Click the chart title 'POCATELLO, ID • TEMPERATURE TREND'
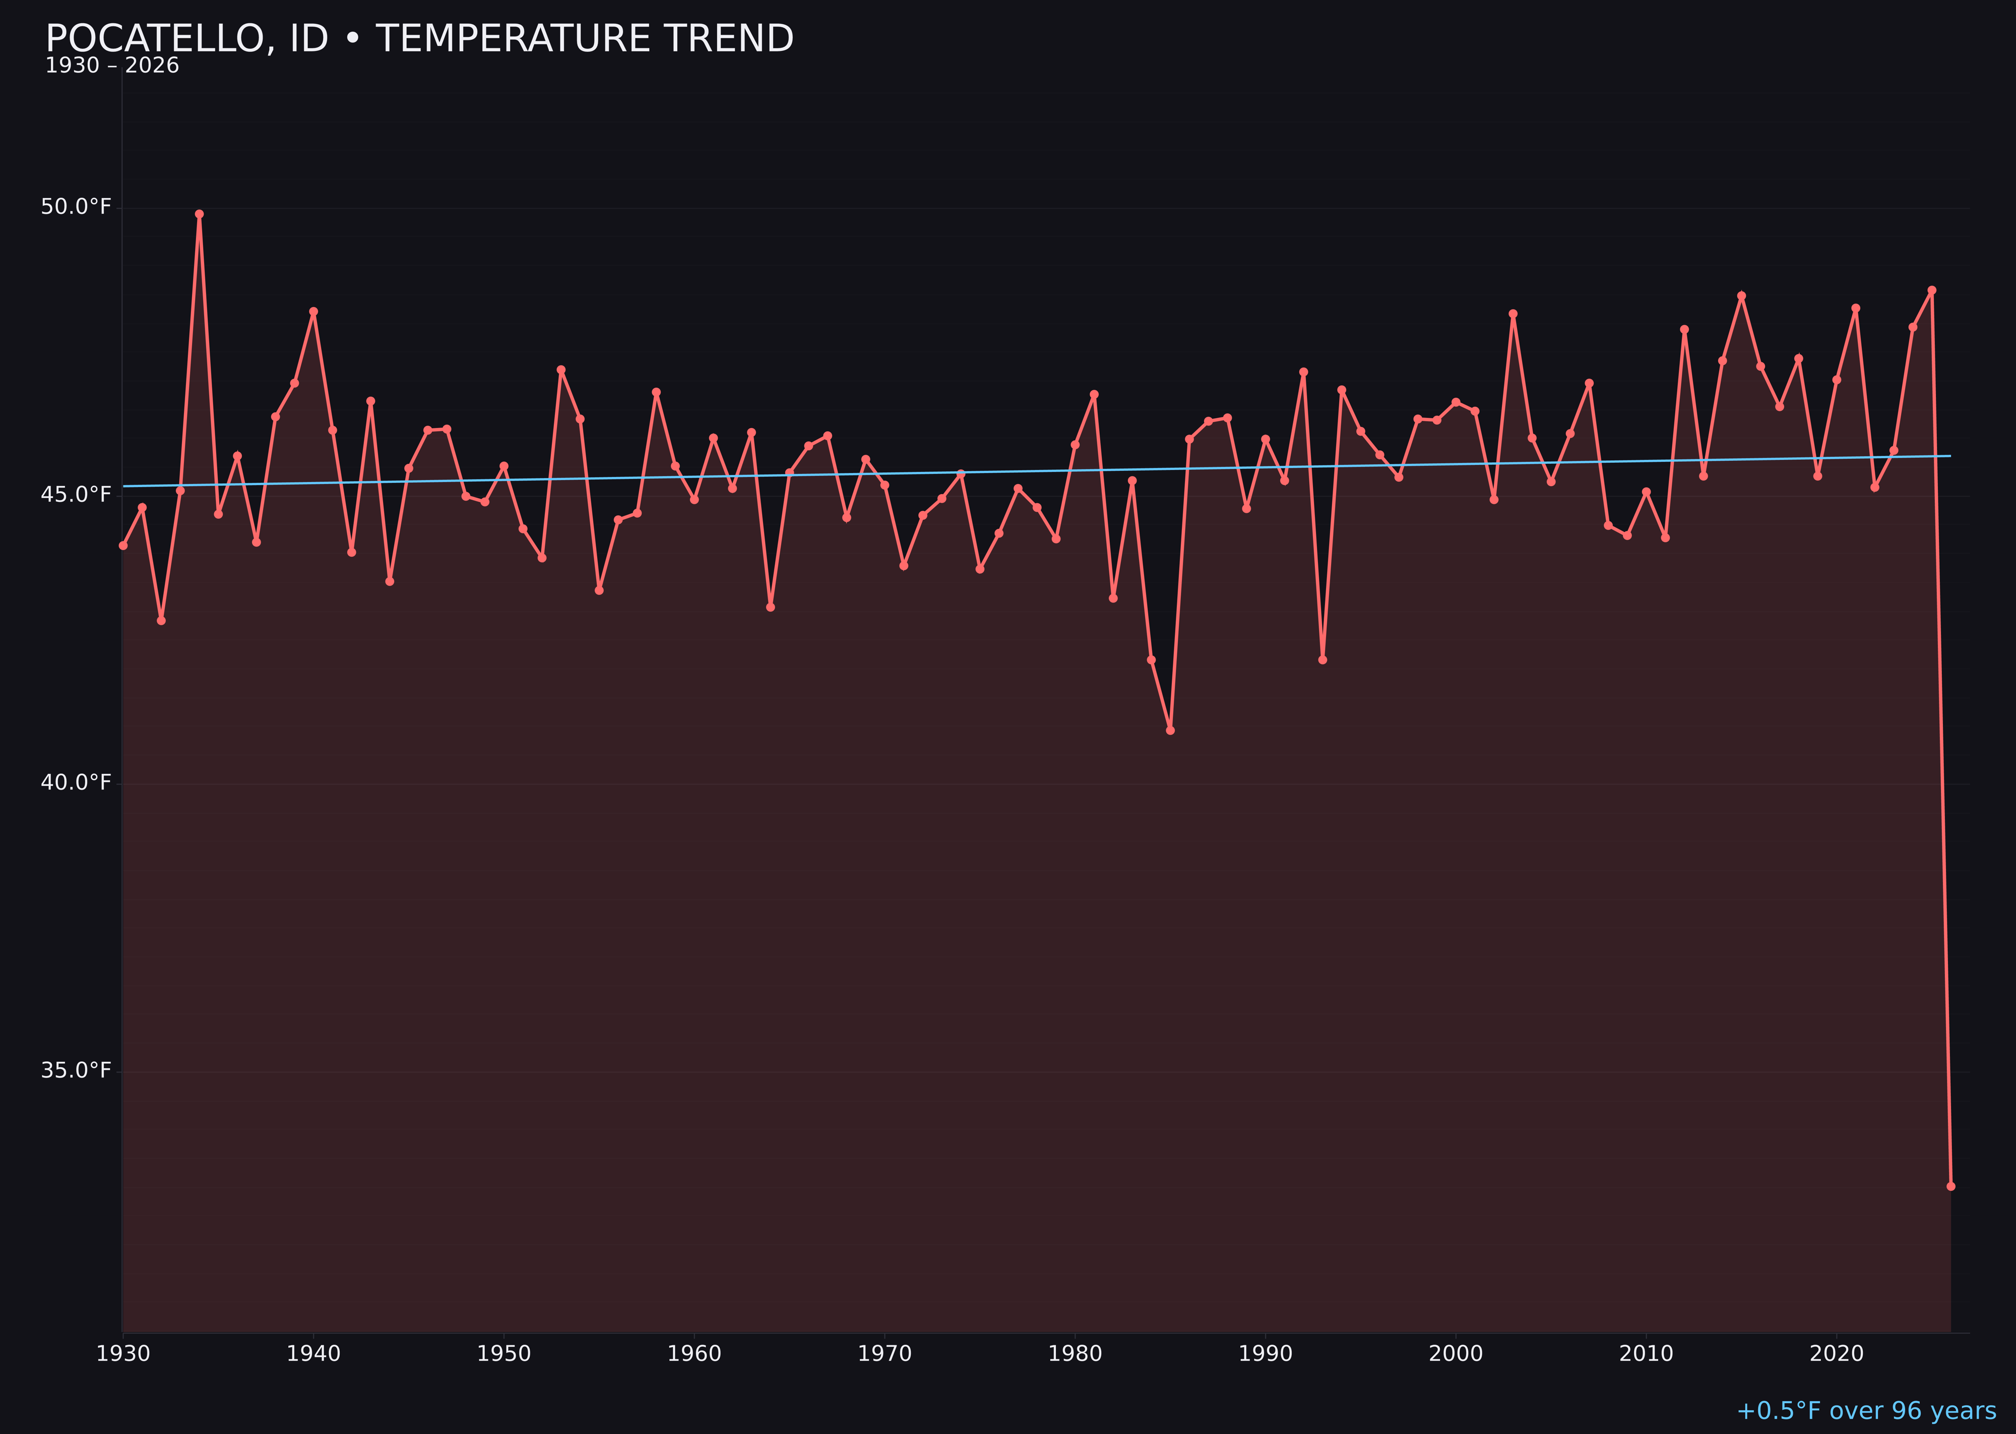tap(419, 39)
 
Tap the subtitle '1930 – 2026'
tap(112, 66)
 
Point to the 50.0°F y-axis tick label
tap(76, 207)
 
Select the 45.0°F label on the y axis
tap(76, 495)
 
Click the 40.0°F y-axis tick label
tap(76, 783)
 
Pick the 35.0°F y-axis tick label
tap(76, 1070)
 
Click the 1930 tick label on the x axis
tap(122, 1354)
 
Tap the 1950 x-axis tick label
tap(504, 1354)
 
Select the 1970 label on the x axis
tap(885, 1354)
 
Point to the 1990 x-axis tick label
tap(1266, 1354)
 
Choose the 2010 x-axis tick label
tap(1646, 1354)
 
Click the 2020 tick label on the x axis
tap(1837, 1354)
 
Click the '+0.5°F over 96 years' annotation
tap(1866, 1411)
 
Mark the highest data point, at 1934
tap(200, 214)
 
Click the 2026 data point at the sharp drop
tap(1950, 1186)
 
